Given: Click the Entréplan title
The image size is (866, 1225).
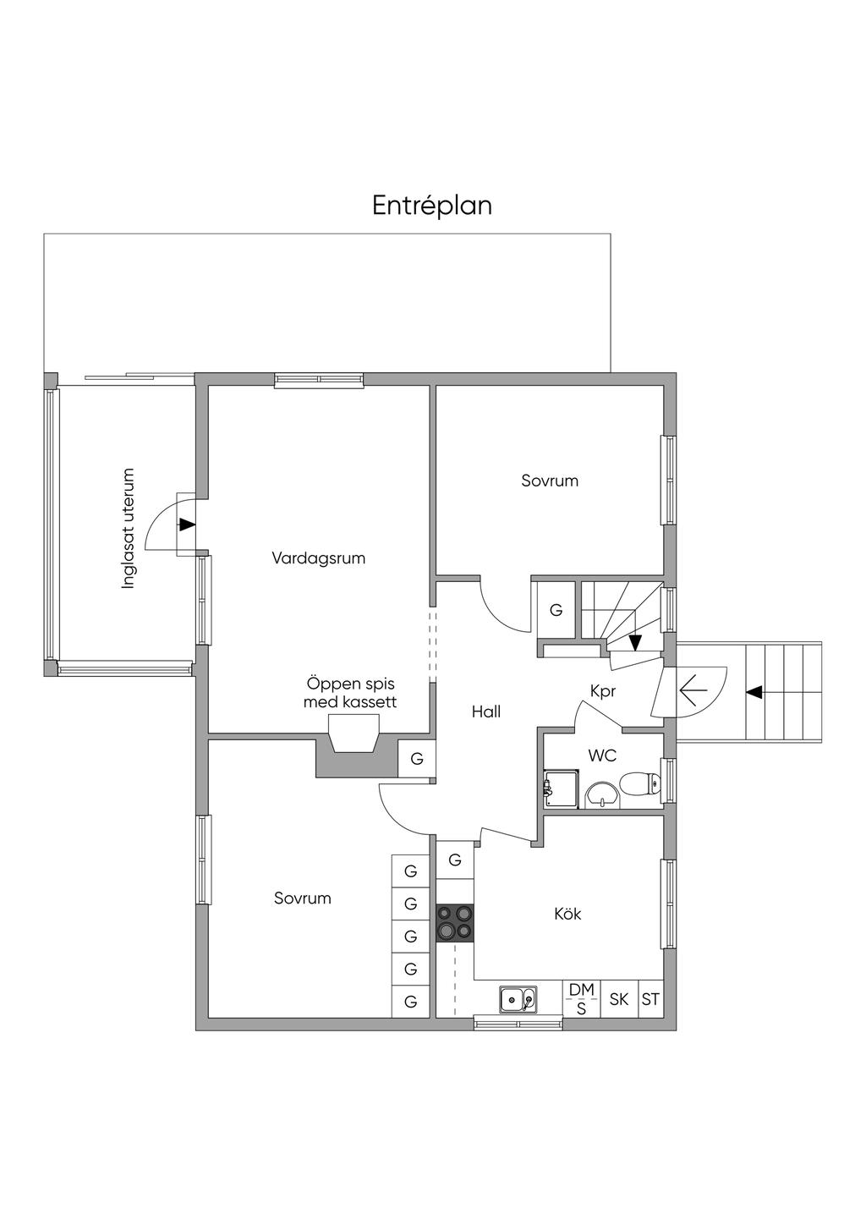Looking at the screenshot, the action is (432, 206).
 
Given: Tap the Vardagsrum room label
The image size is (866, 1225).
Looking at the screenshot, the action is (319, 558).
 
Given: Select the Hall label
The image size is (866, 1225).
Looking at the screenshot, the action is (486, 711).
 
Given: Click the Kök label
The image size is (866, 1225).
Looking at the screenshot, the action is (567, 914).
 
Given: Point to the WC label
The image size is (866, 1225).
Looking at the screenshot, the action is (602, 755).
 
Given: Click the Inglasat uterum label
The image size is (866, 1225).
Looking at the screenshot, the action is (128, 528).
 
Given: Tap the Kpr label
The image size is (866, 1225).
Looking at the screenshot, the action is (603, 692).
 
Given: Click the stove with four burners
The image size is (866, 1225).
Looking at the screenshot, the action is (455, 923).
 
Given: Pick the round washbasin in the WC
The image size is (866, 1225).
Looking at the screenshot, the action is (602, 796).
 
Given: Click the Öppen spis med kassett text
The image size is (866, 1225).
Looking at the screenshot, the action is (350, 692).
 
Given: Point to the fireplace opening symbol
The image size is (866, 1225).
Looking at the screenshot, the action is (354, 734).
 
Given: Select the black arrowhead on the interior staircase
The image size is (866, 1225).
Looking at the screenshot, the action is (635, 643).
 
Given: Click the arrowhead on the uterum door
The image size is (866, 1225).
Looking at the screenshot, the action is (188, 525).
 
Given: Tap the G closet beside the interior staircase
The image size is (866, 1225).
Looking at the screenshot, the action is (556, 610).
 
